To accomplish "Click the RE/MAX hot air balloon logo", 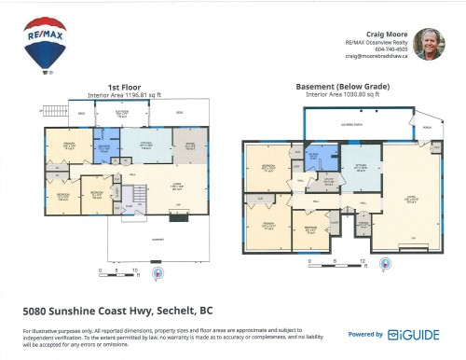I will point(39,44).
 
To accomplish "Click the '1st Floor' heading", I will point(125,87).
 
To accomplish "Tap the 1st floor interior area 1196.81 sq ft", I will point(125,94).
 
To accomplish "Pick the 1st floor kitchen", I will point(146,145).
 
